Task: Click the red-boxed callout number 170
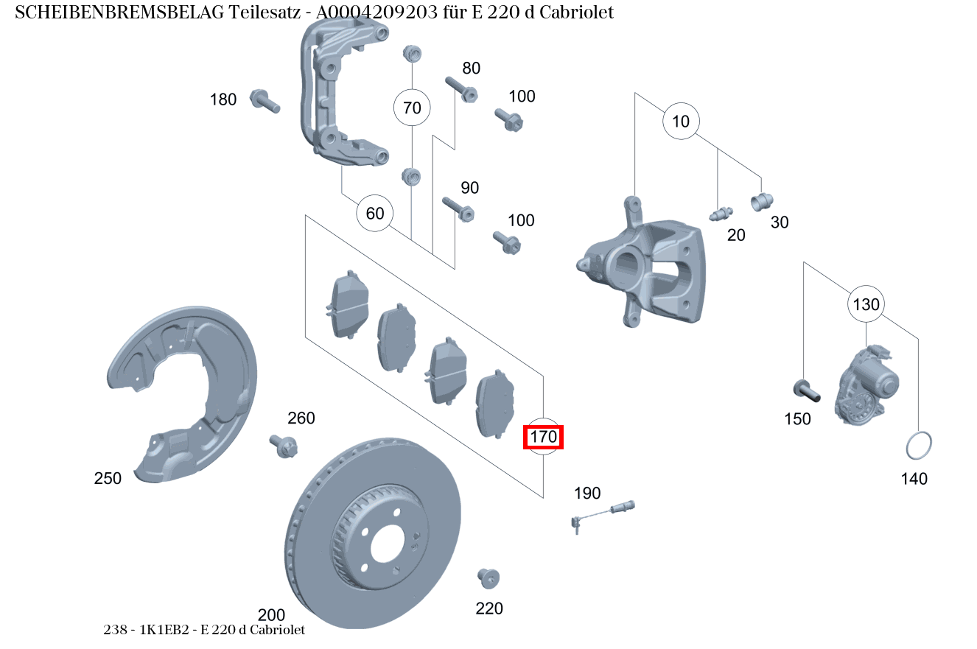click(543, 438)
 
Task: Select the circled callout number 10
click(681, 121)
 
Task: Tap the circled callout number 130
click(866, 304)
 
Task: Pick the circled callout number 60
click(375, 214)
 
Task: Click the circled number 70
click(412, 108)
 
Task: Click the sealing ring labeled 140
click(918, 446)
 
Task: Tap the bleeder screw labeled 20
click(719, 214)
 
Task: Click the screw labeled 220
click(488, 578)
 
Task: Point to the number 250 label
click(108, 478)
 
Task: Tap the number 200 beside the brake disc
click(271, 615)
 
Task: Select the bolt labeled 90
click(458, 208)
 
